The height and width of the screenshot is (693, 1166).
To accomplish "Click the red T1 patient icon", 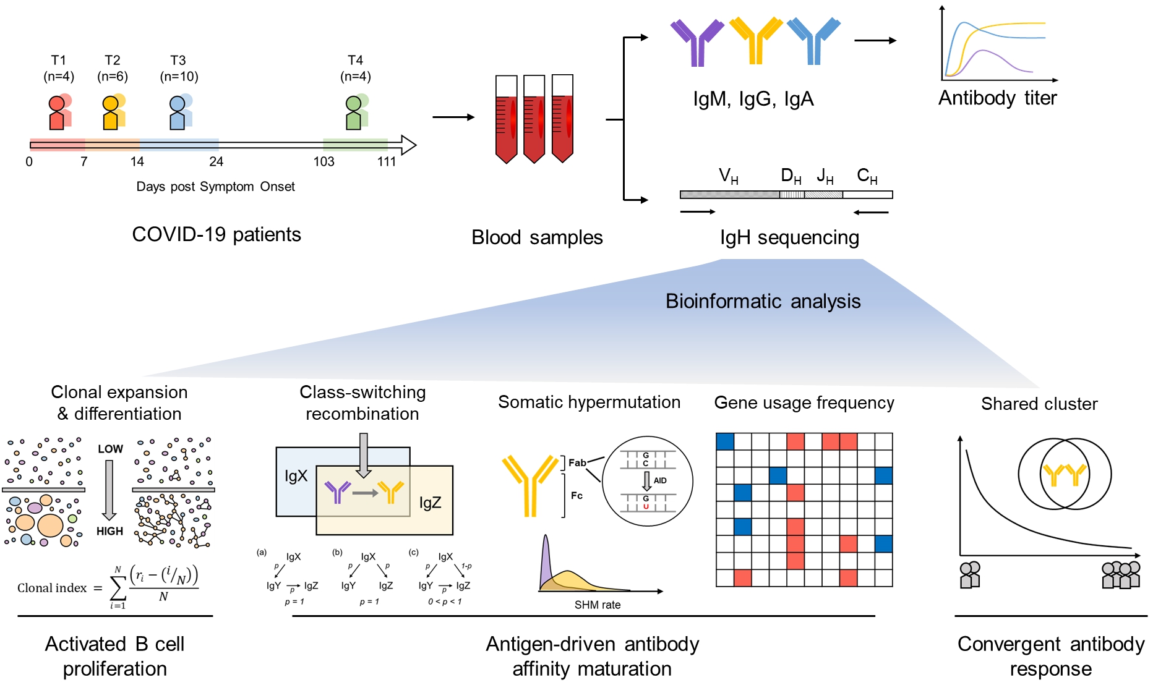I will coord(57,113).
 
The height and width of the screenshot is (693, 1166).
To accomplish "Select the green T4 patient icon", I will coord(354,113).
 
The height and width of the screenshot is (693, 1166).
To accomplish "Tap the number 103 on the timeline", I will coord(324,162).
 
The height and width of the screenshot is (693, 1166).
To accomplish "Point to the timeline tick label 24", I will coord(216,162).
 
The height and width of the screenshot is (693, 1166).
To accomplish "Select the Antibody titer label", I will coord(997,98).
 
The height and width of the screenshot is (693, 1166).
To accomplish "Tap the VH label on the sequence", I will coord(728,177).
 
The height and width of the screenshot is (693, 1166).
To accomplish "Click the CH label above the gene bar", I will coord(867,177).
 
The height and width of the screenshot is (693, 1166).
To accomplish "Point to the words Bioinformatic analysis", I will coord(763,301).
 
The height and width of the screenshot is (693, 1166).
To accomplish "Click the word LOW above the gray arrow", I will coord(110,449).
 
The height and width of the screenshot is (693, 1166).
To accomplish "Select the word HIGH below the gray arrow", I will coord(109,531).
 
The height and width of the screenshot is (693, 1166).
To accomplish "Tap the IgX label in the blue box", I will coord(296,476).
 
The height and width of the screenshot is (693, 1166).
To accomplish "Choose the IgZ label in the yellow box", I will coord(430,503).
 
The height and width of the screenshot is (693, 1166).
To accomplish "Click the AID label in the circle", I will coord(660,480).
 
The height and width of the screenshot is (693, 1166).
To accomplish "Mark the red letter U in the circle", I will coord(646,507).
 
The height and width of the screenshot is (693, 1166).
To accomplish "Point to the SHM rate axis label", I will coord(597,605).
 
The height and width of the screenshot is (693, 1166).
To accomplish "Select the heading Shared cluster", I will coord(1039,404).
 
